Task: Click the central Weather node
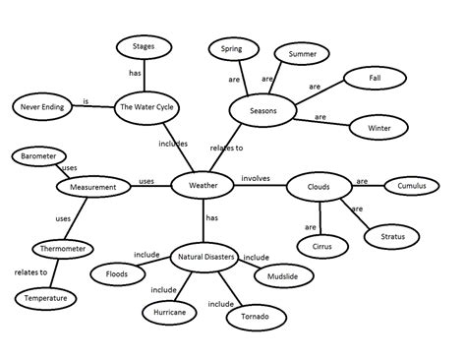click(x=204, y=184)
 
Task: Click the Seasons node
click(x=262, y=111)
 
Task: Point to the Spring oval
click(x=231, y=48)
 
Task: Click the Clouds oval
click(x=318, y=187)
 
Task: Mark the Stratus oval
click(x=393, y=236)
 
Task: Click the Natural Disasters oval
click(x=205, y=258)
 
